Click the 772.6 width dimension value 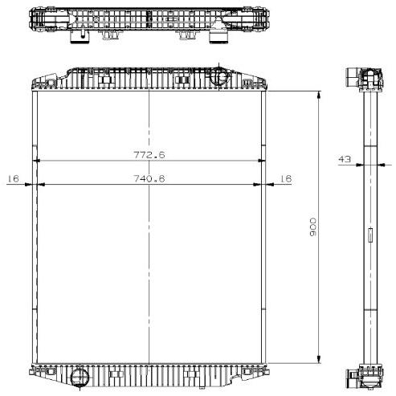point(149,155)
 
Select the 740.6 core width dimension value point(149,178)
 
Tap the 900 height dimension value point(312,227)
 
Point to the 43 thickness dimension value point(345,159)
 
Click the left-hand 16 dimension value point(14,178)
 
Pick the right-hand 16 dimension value point(286,178)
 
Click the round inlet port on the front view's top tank point(218,76)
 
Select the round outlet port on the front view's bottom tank point(80,377)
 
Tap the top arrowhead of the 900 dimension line point(319,96)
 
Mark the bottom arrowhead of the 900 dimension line point(319,359)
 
